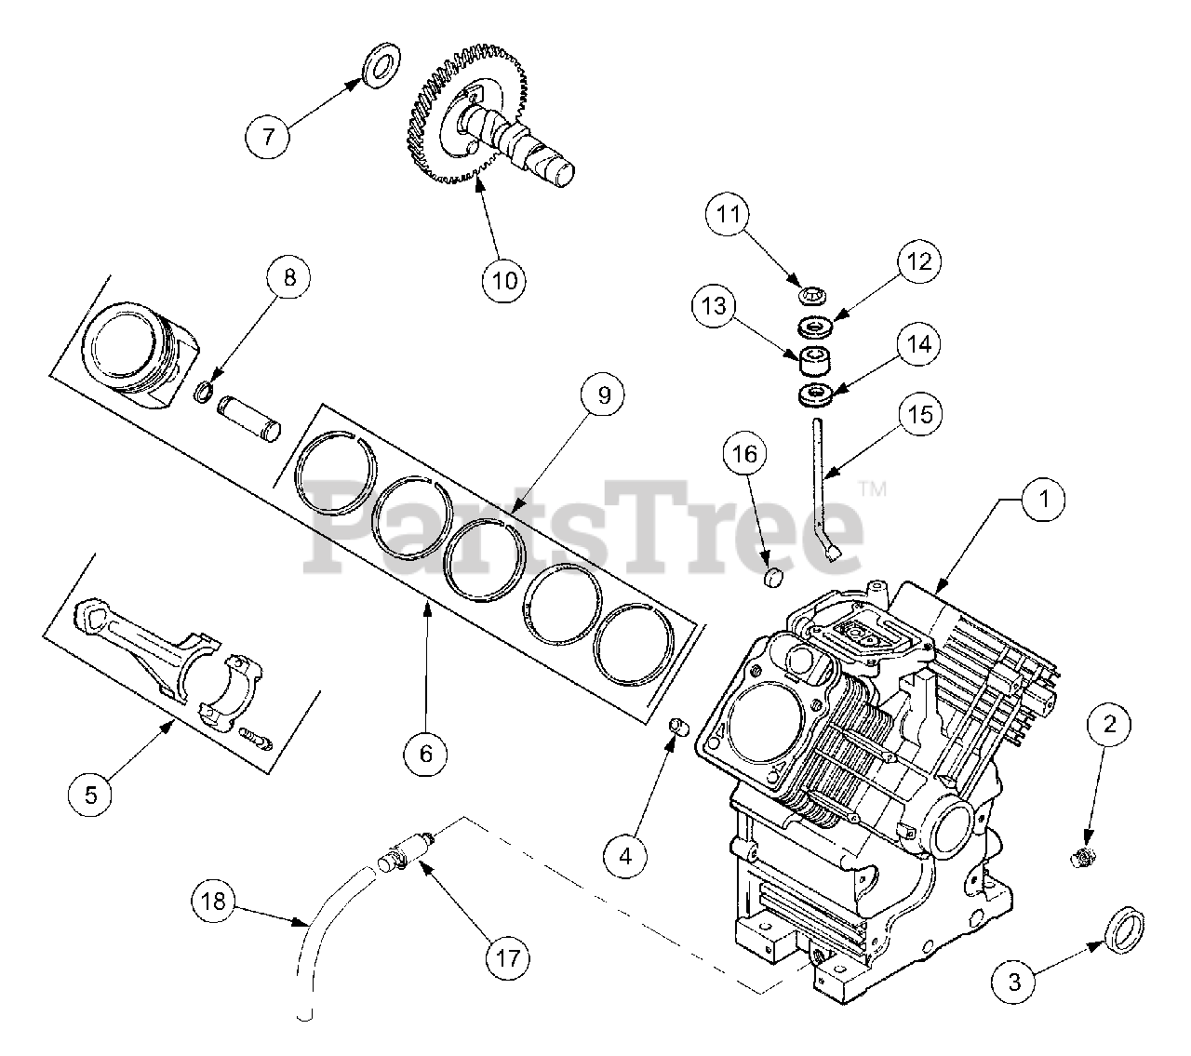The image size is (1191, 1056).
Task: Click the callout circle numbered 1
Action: coord(1044,500)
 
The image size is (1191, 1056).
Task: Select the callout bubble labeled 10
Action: coord(503,279)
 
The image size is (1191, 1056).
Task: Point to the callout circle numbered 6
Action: coord(426,754)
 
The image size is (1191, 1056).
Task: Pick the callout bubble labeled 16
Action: coord(749,455)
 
